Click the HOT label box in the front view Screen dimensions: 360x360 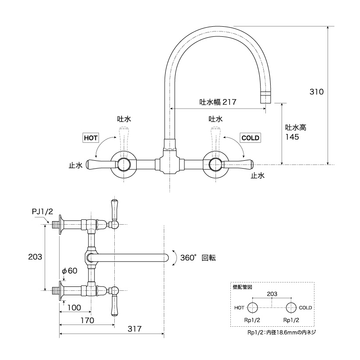(91, 138)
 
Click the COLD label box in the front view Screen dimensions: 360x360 (250, 138)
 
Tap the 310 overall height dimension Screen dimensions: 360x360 (317, 92)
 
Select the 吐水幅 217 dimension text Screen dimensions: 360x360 (218, 102)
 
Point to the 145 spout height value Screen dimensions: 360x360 (292, 137)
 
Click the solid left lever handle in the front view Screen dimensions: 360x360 (101, 164)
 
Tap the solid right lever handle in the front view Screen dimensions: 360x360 (238, 164)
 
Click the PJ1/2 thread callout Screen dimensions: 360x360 (42, 212)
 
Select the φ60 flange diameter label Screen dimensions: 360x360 (70, 271)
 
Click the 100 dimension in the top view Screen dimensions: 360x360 (74, 307)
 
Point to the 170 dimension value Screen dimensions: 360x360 (87, 320)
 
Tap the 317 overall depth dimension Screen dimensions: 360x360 (134, 329)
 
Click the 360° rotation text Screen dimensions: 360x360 (198, 258)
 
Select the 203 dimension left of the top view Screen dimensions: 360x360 (35, 257)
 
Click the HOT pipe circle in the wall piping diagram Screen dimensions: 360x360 (253, 307)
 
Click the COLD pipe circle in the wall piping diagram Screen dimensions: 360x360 (291, 307)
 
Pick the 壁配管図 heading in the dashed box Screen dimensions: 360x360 (243, 287)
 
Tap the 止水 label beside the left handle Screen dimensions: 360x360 (75, 165)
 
